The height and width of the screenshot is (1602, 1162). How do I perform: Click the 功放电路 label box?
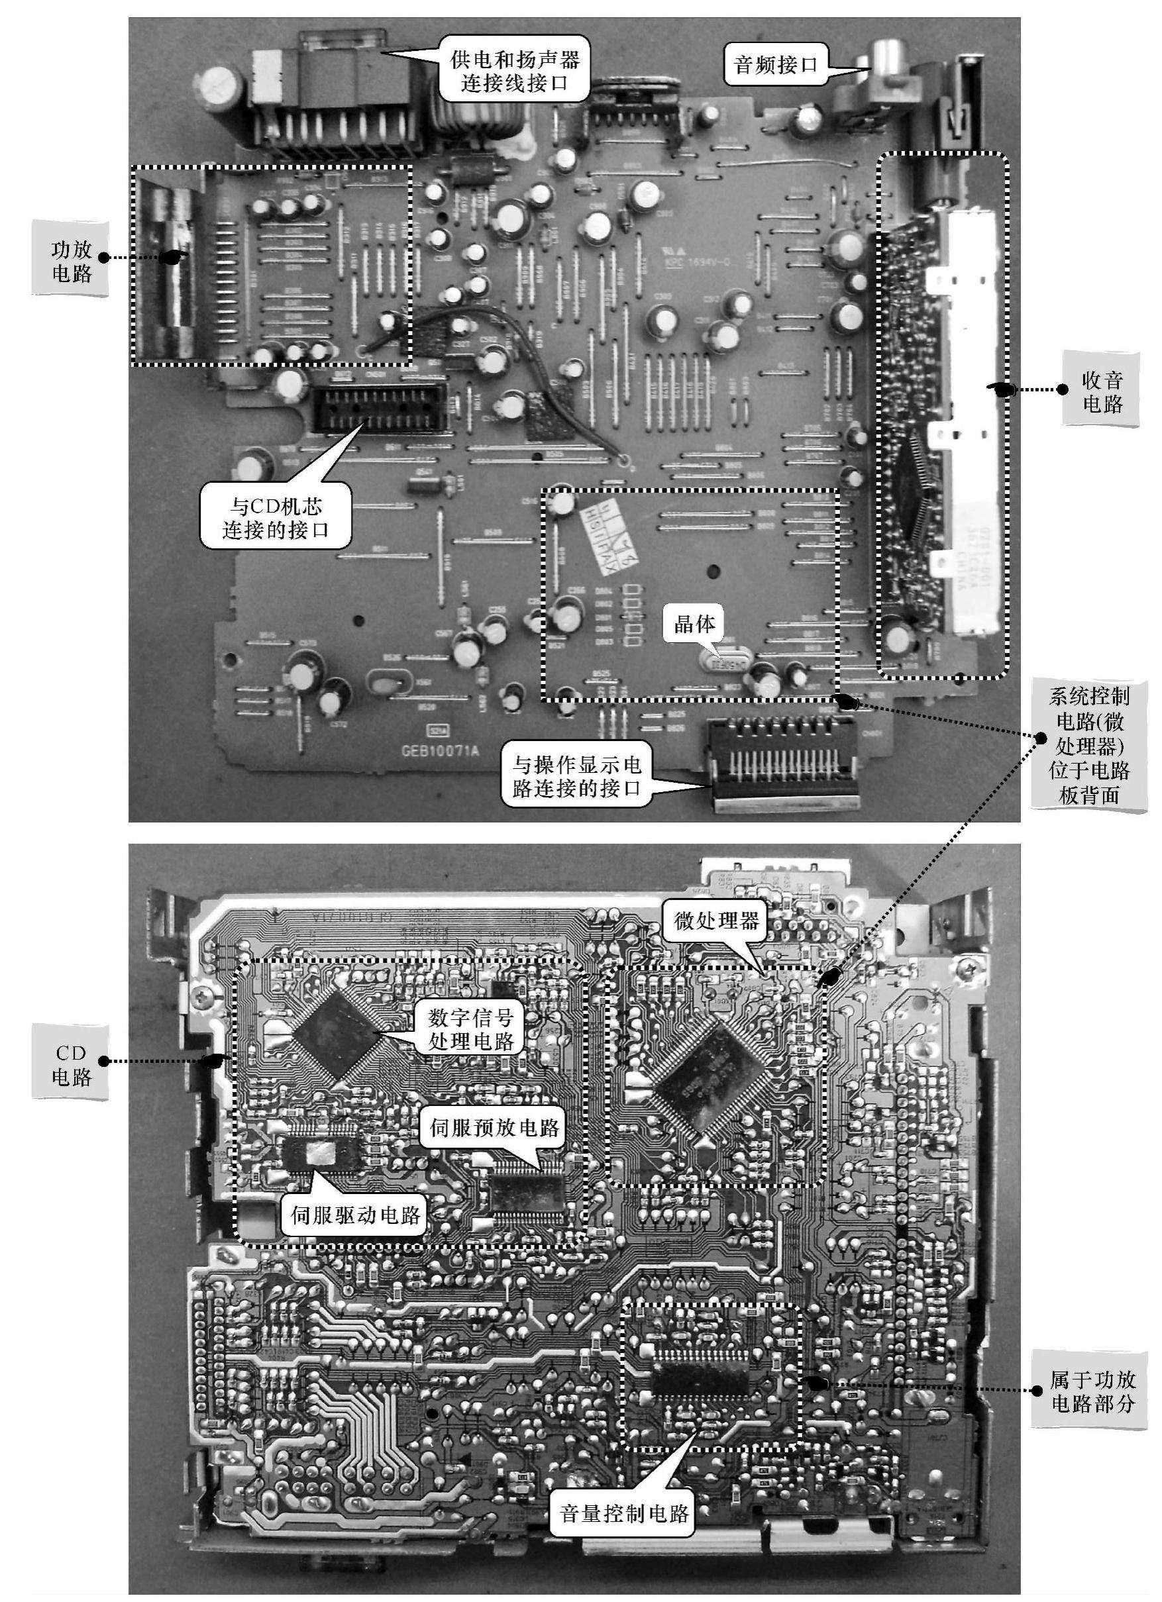71,259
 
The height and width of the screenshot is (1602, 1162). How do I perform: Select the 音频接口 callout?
775,66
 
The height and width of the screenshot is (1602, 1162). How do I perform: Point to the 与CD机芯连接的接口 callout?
276,517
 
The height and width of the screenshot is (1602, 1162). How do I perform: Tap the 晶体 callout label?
694,623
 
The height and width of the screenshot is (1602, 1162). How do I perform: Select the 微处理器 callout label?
716,921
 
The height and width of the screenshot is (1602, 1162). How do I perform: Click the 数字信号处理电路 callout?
470,1030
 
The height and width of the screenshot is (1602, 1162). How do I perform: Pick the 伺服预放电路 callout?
494,1128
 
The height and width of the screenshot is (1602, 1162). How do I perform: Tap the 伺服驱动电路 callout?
355,1215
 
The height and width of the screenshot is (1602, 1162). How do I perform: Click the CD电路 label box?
71,1064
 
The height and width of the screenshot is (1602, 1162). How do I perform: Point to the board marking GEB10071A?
439,751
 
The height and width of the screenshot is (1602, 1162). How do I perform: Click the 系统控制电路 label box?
1088,745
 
